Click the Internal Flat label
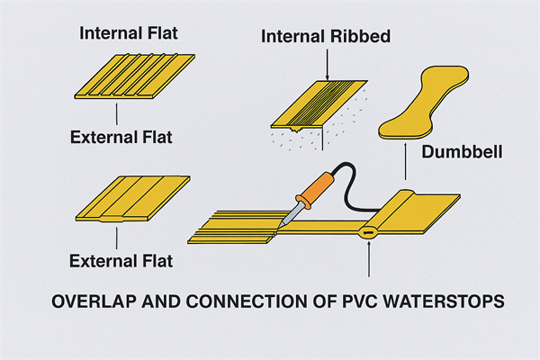[129, 34]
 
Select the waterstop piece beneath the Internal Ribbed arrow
[319, 103]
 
